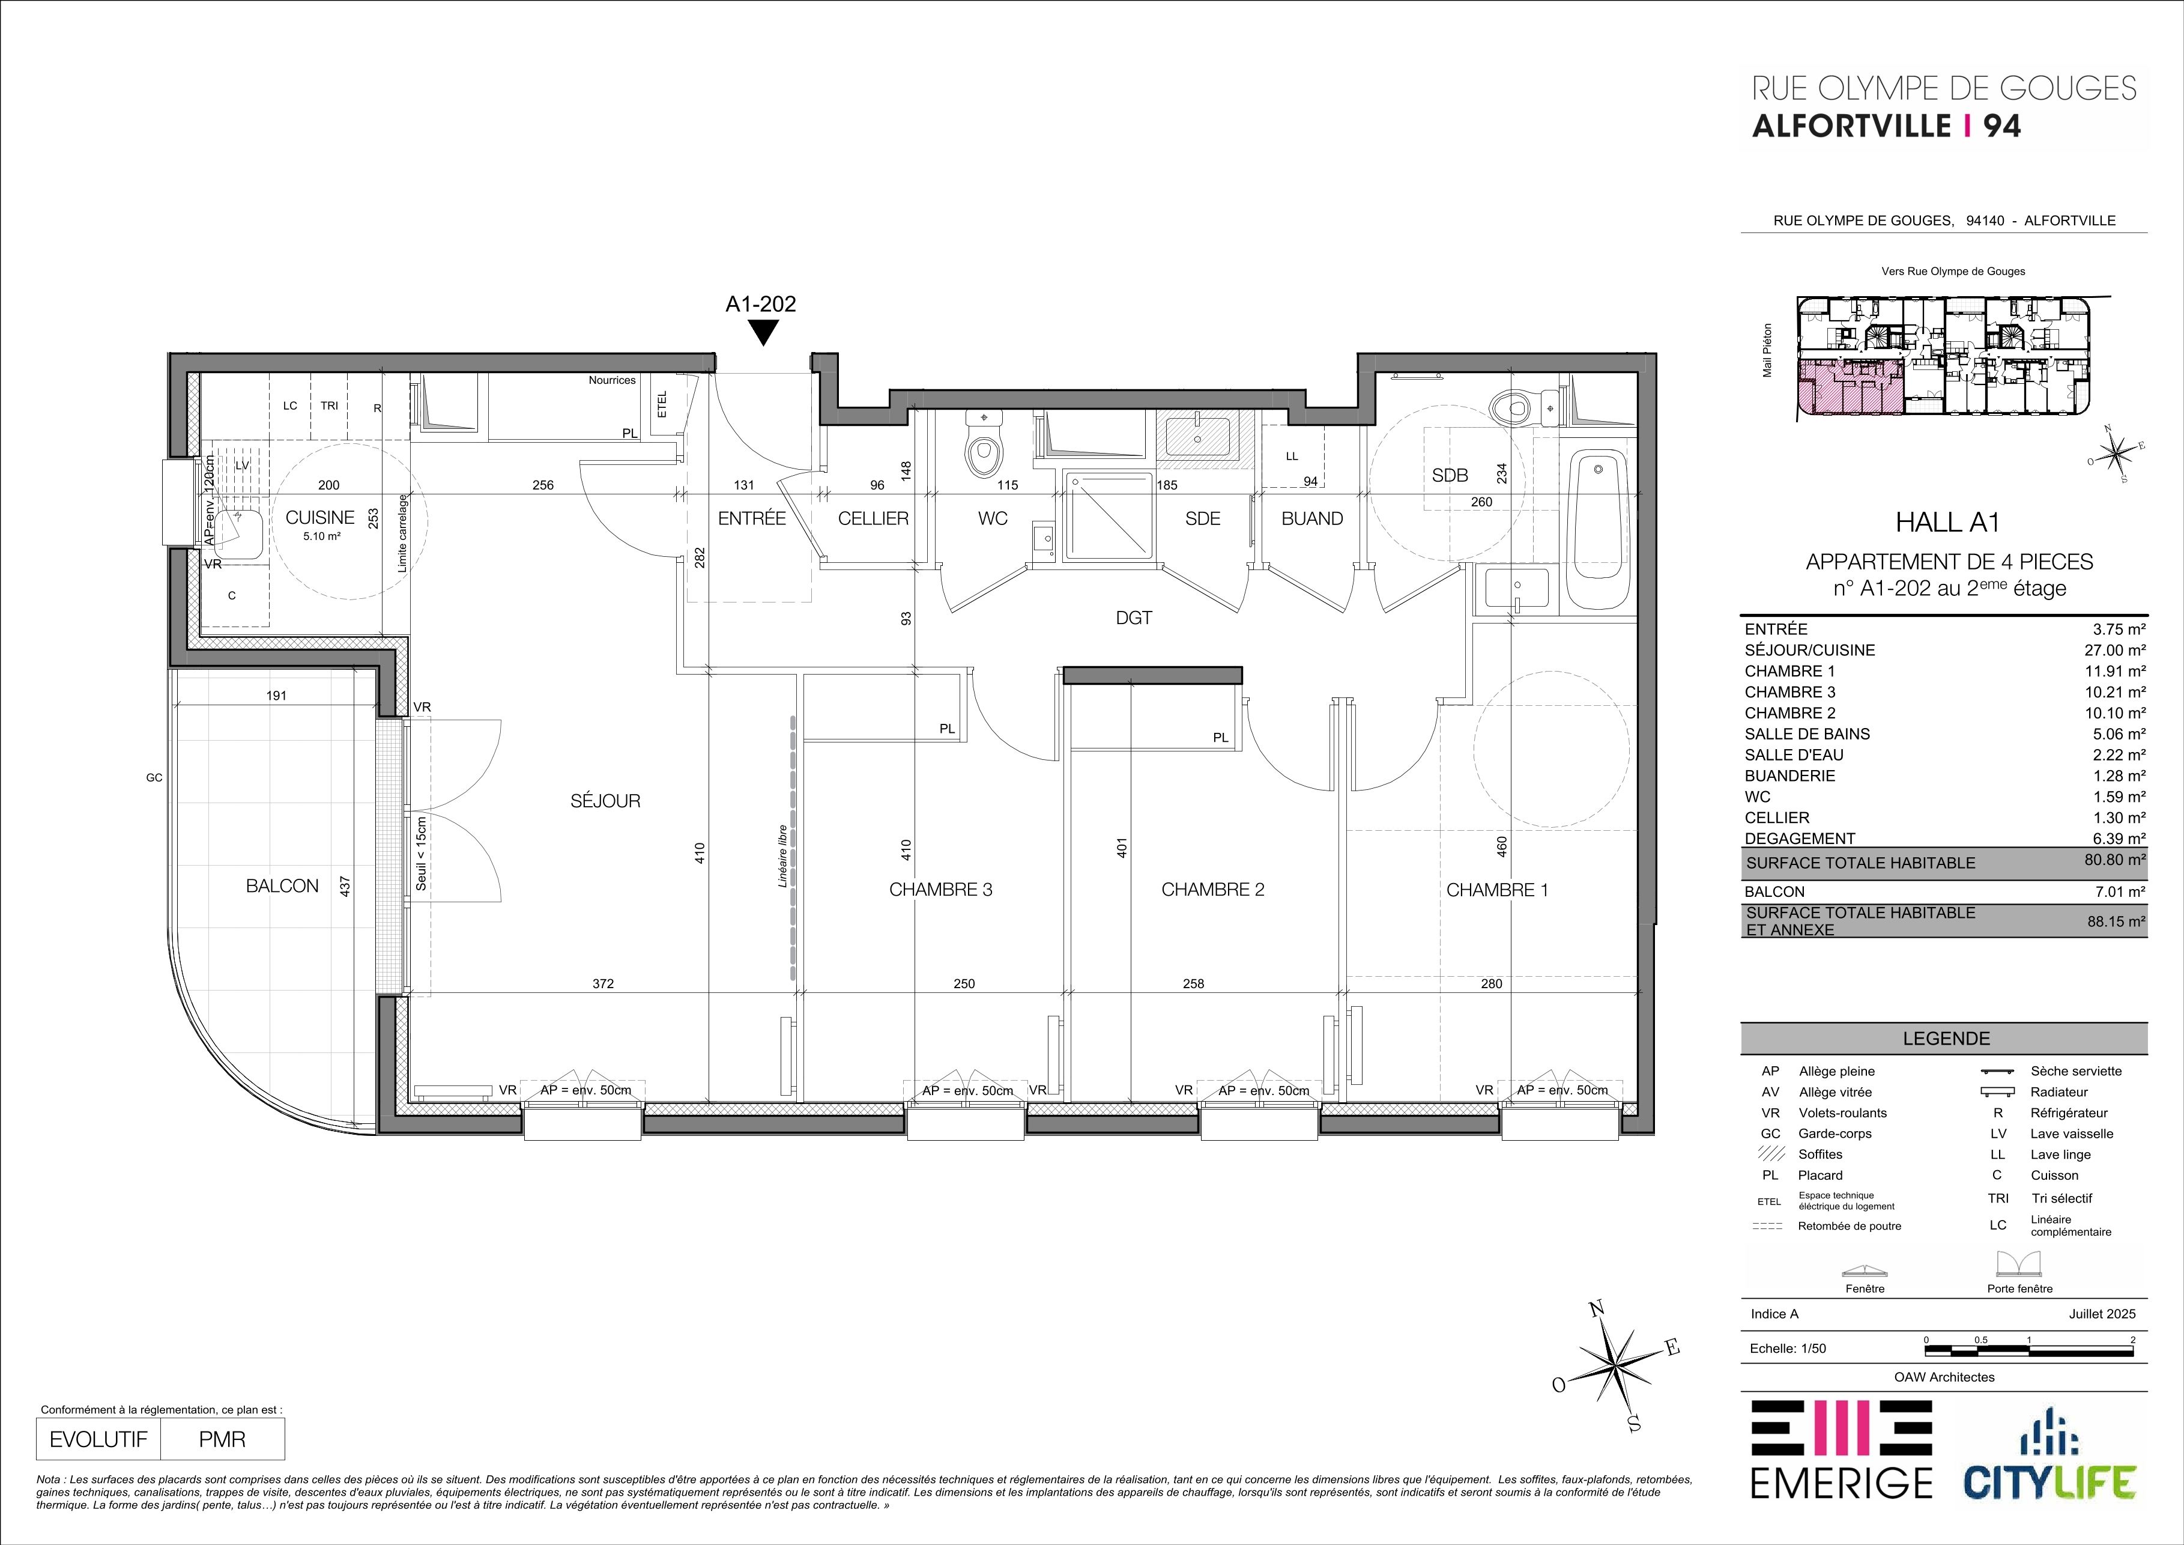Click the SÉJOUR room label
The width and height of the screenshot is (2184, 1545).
(x=605, y=801)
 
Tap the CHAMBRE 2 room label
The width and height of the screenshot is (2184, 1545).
(x=1213, y=890)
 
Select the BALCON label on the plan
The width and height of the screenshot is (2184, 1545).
(x=282, y=885)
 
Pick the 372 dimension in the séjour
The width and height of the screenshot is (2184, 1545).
(x=603, y=984)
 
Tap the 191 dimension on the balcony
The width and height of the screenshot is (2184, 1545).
(x=276, y=696)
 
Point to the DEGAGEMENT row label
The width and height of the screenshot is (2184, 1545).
(x=1800, y=838)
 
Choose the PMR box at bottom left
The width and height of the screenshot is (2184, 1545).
(x=223, y=1439)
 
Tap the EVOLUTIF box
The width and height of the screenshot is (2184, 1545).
(x=99, y=1439)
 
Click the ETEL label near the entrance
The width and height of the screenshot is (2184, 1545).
(x=662, y=404)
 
